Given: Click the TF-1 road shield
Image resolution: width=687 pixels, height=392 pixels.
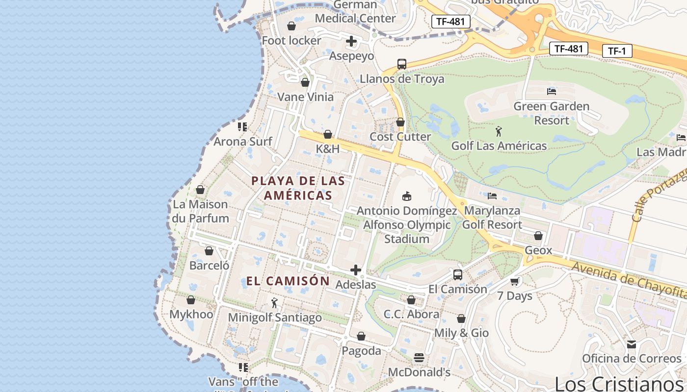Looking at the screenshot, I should [617, 51].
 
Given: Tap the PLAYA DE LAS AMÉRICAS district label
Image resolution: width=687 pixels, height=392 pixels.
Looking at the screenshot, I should [298, 188].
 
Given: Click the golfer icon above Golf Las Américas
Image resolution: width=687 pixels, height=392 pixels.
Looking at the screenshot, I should [499, 131].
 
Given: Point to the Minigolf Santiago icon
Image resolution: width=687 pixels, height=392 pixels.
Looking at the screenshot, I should [274, 303].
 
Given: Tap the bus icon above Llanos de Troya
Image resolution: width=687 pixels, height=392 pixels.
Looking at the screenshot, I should [401, 64].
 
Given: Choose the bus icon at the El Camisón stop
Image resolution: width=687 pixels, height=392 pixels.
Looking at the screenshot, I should [457, 274].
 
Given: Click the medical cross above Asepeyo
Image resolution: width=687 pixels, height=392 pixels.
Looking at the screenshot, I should [351, 41].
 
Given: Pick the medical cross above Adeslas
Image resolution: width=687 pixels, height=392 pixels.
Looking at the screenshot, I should [356, 270].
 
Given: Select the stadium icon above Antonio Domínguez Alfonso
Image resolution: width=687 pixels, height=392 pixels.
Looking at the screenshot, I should [406, 196].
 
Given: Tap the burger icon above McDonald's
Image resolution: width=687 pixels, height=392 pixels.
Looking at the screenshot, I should [419, 358].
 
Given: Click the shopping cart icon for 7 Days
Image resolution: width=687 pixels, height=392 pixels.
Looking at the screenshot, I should [514, 281].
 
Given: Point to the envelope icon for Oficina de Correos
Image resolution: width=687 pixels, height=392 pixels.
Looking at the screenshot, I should [631, 344].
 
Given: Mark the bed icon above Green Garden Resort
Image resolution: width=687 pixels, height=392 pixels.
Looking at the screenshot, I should [551, 91].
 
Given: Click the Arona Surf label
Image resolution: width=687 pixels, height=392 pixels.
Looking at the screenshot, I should [242, 142].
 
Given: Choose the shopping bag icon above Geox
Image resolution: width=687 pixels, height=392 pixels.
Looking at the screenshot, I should [538, 236].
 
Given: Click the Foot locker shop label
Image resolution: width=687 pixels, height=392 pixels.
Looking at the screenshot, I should [291, 41].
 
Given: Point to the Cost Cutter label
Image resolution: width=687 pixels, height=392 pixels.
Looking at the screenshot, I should [400, 137].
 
